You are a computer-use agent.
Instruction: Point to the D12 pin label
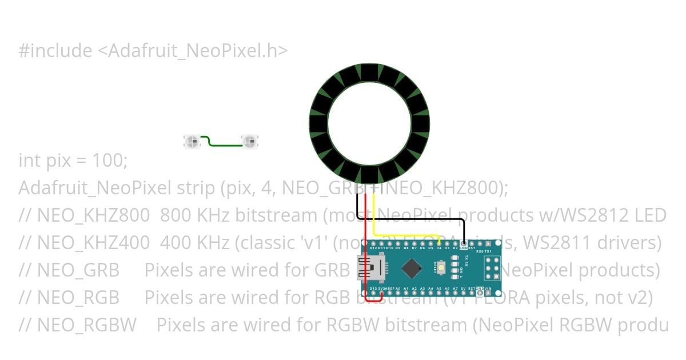point(373,249)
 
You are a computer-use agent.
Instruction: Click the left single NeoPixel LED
point(192,141)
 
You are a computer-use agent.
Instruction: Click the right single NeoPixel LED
point(250,141)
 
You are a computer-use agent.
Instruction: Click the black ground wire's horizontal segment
point(412,219)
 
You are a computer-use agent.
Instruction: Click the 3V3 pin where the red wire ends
point(381,293)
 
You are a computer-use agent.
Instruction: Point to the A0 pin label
point(398,289)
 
